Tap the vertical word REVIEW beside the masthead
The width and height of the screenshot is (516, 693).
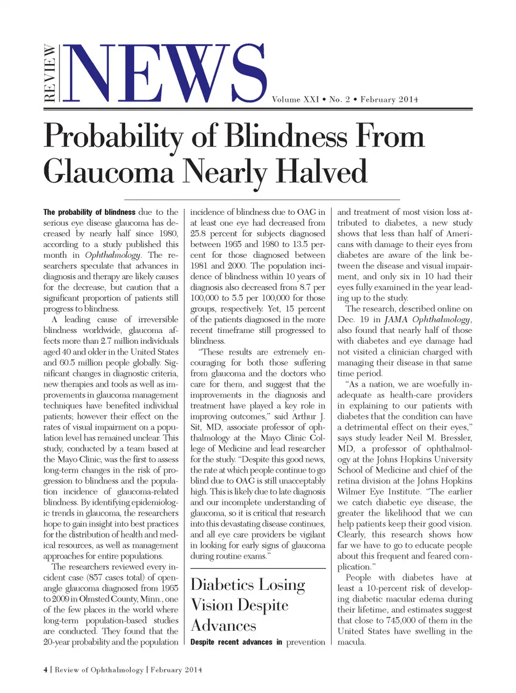[49, 74]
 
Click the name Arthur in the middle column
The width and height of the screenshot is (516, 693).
[304, 416]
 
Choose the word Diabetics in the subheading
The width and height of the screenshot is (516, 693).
[222, 584]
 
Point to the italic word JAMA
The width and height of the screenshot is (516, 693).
[396, 320]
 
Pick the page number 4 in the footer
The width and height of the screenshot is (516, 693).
[46, 670]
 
